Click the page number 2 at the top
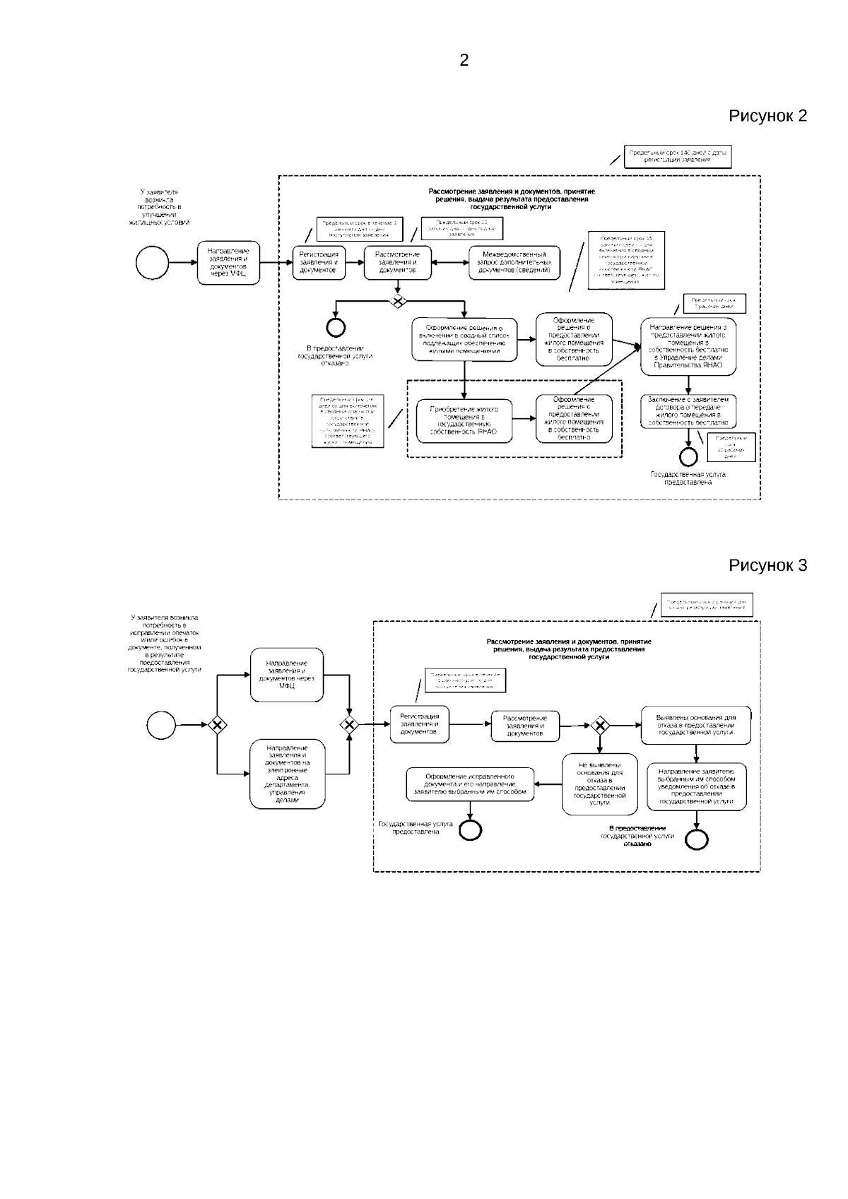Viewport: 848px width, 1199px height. [464, 61]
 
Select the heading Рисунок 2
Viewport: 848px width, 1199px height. [767, 116]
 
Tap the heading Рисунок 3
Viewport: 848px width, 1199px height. [767, 565]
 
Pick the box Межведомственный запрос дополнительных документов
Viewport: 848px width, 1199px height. [514, 263]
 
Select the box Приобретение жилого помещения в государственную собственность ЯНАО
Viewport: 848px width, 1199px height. [464, 422]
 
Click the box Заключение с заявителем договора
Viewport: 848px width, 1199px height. [688, 411]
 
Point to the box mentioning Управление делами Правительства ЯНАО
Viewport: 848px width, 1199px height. [688, 347]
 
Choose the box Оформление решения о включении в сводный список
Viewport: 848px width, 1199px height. [464, 340]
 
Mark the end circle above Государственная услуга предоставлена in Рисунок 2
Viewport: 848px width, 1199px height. [688, 457]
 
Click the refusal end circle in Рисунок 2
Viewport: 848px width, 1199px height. [335, 326]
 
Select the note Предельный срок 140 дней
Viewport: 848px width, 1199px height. [677, 157]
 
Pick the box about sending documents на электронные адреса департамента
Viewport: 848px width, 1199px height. [288, 774]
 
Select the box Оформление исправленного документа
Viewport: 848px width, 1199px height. [470, 784]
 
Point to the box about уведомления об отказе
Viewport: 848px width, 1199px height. [696, 786]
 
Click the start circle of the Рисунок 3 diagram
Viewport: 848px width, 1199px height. [161, 725]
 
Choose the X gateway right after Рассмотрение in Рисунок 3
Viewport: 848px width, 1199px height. [600, 725]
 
